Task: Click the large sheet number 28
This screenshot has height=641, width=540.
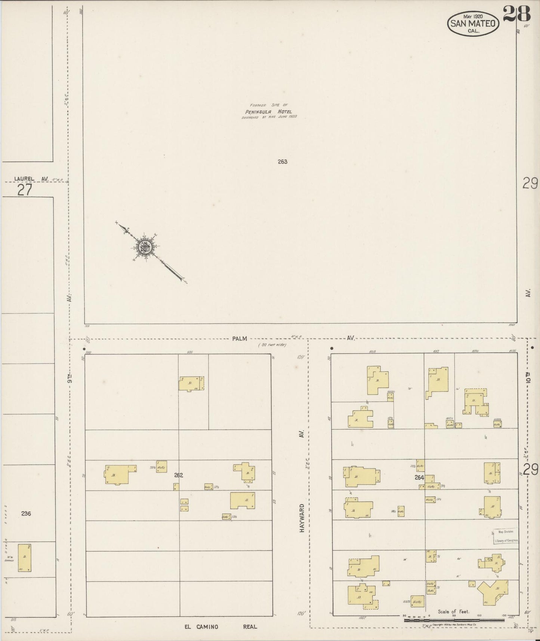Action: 517,14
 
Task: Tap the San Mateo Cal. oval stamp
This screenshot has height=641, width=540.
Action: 473,24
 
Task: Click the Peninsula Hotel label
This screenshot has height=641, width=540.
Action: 268,111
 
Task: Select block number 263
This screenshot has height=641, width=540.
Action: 283,162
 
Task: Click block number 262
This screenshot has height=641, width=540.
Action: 178,475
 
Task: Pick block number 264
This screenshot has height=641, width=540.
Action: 419,478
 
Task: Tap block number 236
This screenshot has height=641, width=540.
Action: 26,513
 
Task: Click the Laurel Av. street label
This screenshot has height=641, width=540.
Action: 31,179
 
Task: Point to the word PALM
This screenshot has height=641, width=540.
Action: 239,338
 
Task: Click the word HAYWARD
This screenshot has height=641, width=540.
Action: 302,518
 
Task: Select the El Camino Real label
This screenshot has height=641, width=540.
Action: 220,626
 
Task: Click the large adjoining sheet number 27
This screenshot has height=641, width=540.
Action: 25,190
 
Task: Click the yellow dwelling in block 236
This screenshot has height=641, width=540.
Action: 25,558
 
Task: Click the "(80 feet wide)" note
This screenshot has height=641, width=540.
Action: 272,345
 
